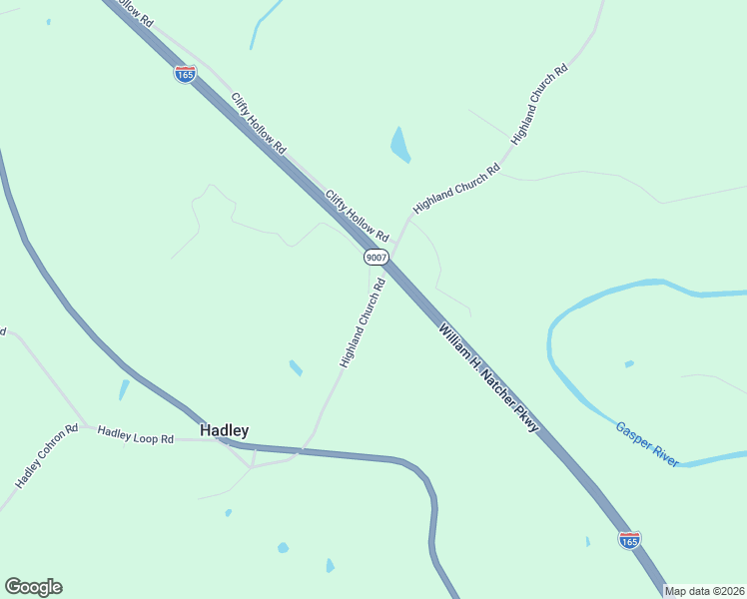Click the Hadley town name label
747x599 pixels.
coord(224,430)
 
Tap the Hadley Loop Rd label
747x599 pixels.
coord(136,435)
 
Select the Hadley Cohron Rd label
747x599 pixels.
coord(47,456)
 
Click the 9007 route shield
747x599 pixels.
coord(375,257)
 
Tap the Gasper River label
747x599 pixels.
coord(646,443)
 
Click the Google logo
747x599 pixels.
coord(33,587)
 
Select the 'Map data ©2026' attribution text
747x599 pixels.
coord(704,591)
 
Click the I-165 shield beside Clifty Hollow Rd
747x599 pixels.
coord(185,75)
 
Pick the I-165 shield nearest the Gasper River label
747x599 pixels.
coord(629,540)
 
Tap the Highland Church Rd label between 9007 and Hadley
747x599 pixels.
coord(362,322)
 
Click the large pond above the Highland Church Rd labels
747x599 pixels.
coord(399,146)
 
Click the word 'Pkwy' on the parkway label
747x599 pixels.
coord(526,419)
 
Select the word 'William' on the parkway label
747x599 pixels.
coord(452,339)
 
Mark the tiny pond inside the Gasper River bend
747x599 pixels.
coord(628,363)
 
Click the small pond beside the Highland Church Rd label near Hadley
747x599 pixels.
coord(296,367)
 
